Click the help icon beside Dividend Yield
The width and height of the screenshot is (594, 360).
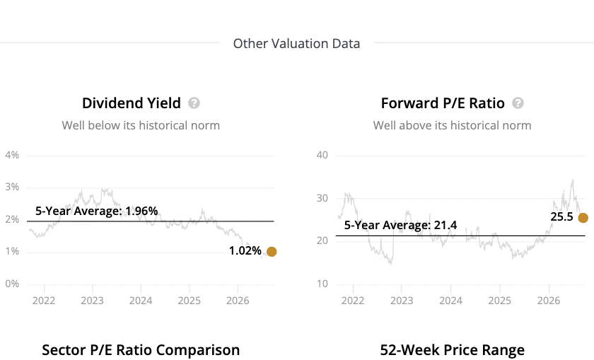194,103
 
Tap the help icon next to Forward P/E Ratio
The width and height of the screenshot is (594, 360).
518,103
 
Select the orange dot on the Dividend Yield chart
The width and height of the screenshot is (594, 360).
272,252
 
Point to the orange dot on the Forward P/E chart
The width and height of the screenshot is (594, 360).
583,218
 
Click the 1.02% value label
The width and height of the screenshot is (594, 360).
245,251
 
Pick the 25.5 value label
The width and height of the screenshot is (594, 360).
561,216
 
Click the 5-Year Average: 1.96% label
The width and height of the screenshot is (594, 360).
97,211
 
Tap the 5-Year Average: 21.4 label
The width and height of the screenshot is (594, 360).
400,225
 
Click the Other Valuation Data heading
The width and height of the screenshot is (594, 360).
296,44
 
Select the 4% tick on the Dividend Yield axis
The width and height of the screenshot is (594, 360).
12,155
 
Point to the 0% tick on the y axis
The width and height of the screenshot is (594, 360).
12,284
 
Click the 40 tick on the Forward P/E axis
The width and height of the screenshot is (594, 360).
322,155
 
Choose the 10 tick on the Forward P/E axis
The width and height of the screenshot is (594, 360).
322,284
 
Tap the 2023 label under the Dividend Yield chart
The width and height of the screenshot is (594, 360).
92,301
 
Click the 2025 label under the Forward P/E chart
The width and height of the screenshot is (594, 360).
500,301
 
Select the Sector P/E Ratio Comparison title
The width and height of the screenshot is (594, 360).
141,350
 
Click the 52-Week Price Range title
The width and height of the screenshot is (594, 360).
453,350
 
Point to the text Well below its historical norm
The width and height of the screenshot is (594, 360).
141,125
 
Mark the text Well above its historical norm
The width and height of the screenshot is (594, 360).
453,125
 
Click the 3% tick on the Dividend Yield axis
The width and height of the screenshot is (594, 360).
12,187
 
